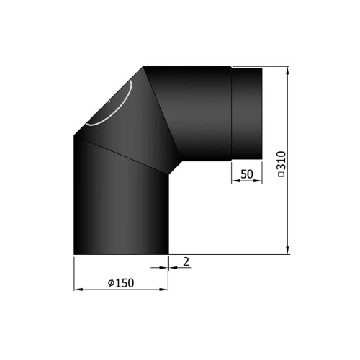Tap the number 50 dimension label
coord(246,174)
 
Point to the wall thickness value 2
coord(186,262)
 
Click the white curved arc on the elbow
coord(115,108)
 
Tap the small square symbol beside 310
coord(281,175)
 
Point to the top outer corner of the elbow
coord(144,67)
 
